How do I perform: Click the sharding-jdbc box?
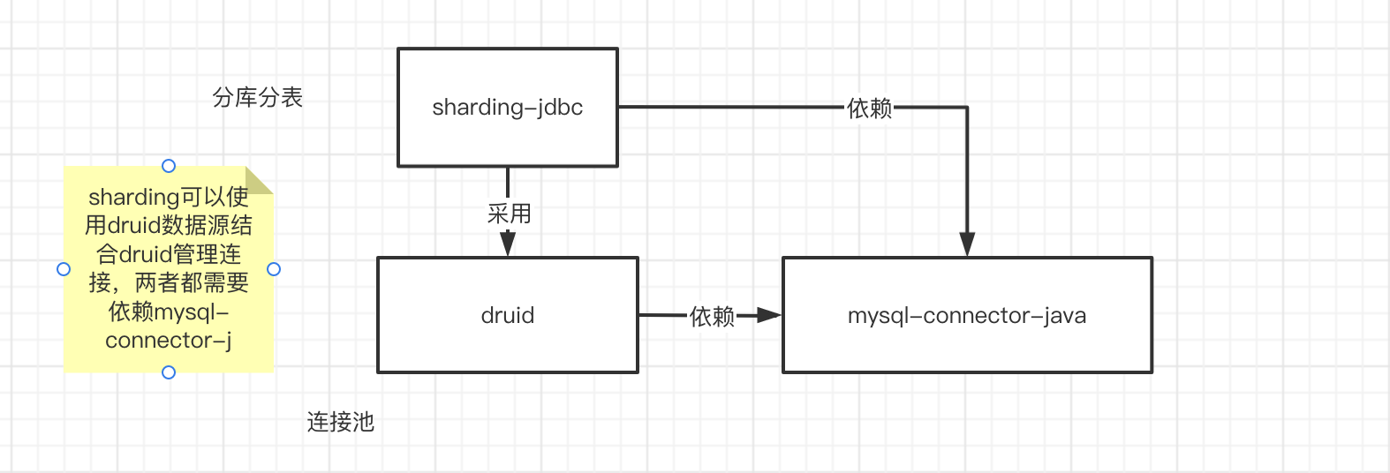click(507, 108)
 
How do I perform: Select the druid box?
click(507, 315)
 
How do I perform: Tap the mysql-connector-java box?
click(967, 315)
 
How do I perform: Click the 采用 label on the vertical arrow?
click(509, 214)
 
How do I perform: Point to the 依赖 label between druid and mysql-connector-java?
click(712, 316)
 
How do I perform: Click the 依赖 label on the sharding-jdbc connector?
click(869, 108)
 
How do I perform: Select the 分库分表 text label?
click(258, 97)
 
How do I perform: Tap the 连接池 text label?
click(341, 422)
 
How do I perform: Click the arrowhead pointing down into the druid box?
click(508, 244)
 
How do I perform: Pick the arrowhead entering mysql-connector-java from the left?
click(769, 315)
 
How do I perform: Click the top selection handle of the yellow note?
click(169, 166)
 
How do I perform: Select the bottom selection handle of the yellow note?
click(169, 372)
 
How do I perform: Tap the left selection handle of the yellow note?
click(64, 269)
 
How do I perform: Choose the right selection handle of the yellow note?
click(274, 269)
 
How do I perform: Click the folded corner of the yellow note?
click(261, 179)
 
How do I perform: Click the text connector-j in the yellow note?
click(168, 340)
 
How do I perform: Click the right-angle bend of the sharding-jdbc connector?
click(967, 108)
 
